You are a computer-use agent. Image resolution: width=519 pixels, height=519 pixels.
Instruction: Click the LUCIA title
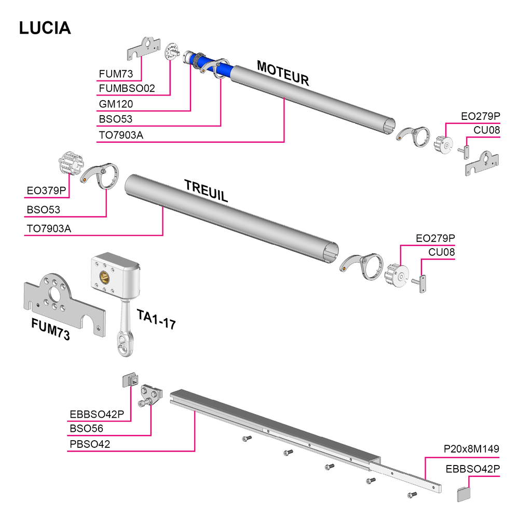coord(45,28)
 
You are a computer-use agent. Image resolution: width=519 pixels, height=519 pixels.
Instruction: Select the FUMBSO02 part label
coord(127,88)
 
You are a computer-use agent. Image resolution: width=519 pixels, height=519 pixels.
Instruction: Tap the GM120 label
coord(116,104)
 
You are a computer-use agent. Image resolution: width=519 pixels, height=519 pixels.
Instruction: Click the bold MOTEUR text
coord(283,74)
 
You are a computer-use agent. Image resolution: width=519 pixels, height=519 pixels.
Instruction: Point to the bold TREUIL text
coord(206,191)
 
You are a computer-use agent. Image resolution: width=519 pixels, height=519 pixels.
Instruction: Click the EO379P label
coord(46,190)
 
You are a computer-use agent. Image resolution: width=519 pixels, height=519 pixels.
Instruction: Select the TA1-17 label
coord(156,319)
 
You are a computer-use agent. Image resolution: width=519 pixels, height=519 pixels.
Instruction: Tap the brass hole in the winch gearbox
coord(104,276)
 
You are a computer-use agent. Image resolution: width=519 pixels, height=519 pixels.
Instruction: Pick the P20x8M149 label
coord(471,449)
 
